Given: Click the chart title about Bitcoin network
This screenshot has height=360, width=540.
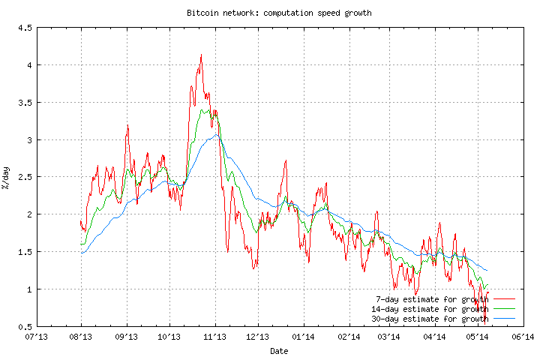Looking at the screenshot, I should [x=279, y=13].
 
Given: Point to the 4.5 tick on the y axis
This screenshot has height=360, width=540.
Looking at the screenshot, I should [x=23, y=28].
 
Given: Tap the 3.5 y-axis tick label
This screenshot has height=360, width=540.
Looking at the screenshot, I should [x=23, y=103].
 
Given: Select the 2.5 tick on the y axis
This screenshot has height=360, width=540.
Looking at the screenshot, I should [x=23, y=178].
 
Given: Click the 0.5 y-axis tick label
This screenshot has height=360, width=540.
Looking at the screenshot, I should [x=23, y=327].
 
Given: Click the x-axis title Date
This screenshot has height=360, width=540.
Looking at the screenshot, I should [x=279, y=350].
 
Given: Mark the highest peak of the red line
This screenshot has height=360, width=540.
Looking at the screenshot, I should [x=201, y=55].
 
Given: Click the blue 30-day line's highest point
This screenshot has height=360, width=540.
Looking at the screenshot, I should [x=216, y=134].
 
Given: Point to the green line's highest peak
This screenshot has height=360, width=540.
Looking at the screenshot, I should [x=203, y=110].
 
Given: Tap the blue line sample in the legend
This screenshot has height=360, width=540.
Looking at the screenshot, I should [x=505, y=318].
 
